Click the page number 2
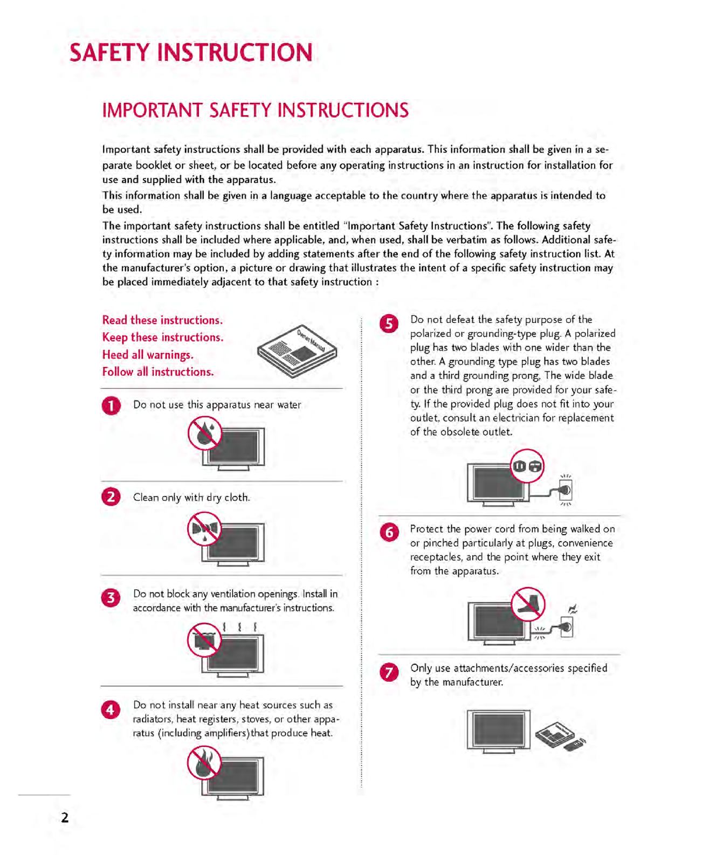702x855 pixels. coord(65,817)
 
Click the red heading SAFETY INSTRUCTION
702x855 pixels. coord(191,53)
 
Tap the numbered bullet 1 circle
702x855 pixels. coord(111,405)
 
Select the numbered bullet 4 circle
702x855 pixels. coord(111,709)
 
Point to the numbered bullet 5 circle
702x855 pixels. coord(389,323)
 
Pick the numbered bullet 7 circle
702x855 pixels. coord(389,672)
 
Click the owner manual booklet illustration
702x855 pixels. coord(297,351)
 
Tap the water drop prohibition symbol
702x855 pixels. coord(205,435)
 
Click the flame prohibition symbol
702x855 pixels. coord(204,763)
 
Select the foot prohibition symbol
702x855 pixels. coord(528,604)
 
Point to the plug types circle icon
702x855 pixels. coord(527,466)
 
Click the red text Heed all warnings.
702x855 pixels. coord(148,355)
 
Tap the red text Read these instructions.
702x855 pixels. coord(162,320)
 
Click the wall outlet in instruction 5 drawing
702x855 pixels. coord(566,491)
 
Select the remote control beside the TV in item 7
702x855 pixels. coord(574,744)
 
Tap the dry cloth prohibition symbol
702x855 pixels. coord(205,529)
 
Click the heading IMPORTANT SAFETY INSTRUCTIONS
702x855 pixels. coord(256,111)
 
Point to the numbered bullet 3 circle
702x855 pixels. coord(111,597)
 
